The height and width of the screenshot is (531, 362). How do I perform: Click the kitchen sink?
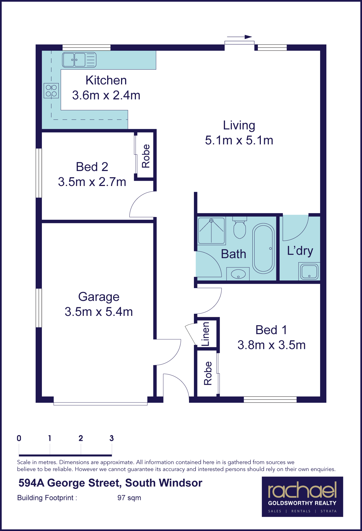(x=79, y=60)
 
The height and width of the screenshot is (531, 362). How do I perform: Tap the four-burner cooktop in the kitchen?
(x=51, y=91)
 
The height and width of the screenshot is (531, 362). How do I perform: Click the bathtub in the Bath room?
(x=263, y=249)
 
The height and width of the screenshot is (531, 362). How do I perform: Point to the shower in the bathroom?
(x=212, y=231)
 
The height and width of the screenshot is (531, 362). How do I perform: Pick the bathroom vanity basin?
(x=238, y=274)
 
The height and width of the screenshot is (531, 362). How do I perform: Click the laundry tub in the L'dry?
(x=309, y=271)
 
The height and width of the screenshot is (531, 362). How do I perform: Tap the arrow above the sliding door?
(x=240, y=37)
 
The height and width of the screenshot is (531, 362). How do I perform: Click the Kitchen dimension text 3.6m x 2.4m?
(x=106, y=95)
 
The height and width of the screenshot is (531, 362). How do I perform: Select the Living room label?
(x=239, y=126)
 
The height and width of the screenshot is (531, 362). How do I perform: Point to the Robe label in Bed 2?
(x=146, y=156)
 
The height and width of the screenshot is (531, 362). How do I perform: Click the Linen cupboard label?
(x=206, y=334)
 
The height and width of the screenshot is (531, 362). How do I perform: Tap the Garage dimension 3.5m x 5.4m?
(x=99, y=312)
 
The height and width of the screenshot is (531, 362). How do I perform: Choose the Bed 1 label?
(x=271, y=330)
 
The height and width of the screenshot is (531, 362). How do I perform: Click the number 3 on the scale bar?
(x=112, y=438)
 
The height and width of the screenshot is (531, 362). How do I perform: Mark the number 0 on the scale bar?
(x=19, y=438)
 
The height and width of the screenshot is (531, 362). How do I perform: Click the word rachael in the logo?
(x=302, y=490)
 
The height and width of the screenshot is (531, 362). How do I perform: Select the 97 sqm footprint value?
(x=129, y=498)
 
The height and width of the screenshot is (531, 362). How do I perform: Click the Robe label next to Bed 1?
(x=208, y=373)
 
